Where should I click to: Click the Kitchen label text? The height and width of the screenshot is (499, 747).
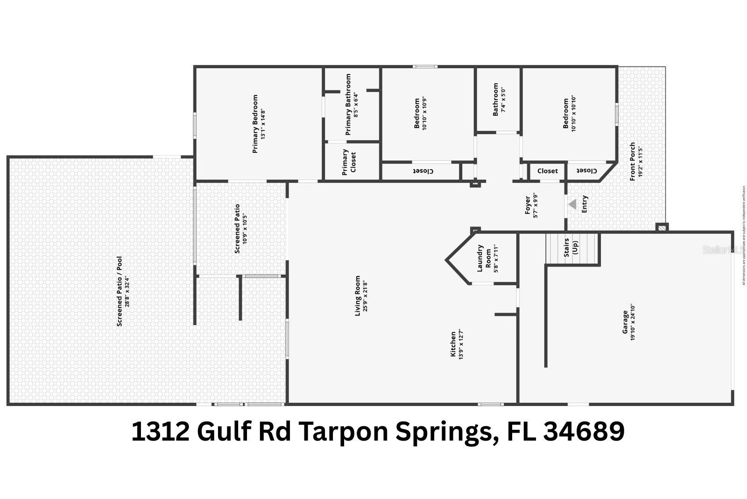(x=452, y=344)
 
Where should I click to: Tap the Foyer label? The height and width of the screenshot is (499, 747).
(x=528, y=205)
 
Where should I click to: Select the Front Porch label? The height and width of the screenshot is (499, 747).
(x=633, y=161)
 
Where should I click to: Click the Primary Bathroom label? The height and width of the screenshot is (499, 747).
(x=348, y=105)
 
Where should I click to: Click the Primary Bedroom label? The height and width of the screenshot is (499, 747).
(x=255, y=124)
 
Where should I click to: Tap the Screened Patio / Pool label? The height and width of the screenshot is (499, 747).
(x=120, y=291)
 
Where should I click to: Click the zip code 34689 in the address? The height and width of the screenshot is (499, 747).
(x=584, y=431)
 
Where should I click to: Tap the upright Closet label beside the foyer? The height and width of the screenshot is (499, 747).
(x=547, y=171)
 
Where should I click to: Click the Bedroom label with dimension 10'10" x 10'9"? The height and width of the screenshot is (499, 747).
(x=417, y=114)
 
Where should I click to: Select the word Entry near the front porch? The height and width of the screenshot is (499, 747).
(x=585, y=204)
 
